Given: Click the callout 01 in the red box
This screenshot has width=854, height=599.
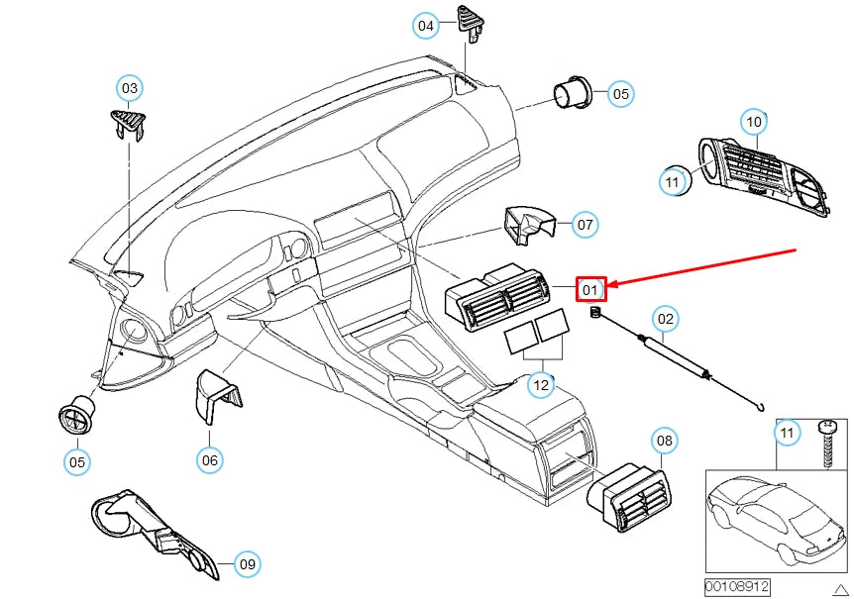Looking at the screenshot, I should pyautogui.click(x=590, y=290).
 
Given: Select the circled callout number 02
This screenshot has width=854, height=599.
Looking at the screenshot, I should pyautogui.click(x=666, y=319).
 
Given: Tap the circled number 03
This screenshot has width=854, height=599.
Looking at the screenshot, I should pyautogui.click(x=130, y=89).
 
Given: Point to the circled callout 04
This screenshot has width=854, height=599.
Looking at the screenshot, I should pyautogui.click(x=426, y=26).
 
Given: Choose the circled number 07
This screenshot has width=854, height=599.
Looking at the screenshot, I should pyautogui.click(x=586, y=225).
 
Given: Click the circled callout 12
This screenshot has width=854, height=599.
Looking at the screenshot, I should pyautogui.click(x=540, y=384).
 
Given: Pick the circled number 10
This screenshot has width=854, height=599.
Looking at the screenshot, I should pyautogui.click(x=754, y=122).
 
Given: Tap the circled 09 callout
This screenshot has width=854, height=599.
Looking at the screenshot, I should pyautogui.click(x=248, y=564).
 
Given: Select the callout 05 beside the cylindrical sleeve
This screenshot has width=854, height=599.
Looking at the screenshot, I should pyautogui.click(x=619, y=94).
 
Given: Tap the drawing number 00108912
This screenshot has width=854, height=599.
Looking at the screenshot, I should pyautogui.click(x=737, y=586).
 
